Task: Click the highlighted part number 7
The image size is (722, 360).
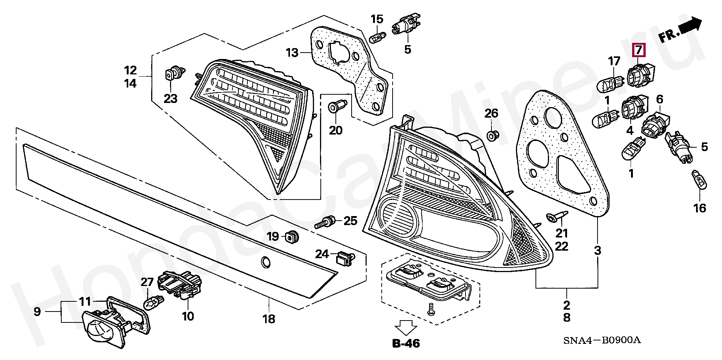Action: [x=639, y=50]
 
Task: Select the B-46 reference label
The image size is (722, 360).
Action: [x=406, y=343]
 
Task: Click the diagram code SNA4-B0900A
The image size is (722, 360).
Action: [x=602, y=340]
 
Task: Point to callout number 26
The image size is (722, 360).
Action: [x=491, y=113]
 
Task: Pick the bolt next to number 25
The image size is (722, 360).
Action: [x=326, y=222]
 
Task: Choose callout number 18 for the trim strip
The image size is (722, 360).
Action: [x=269, y=319]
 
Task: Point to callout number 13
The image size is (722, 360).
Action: [x=292, y=53]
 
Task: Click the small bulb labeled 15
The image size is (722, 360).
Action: [x=378, y=38]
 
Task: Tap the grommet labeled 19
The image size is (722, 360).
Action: [x=292, y=236]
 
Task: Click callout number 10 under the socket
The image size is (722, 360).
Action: [x=188, y=316]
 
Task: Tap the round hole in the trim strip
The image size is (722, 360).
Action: [x=265, y=262]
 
